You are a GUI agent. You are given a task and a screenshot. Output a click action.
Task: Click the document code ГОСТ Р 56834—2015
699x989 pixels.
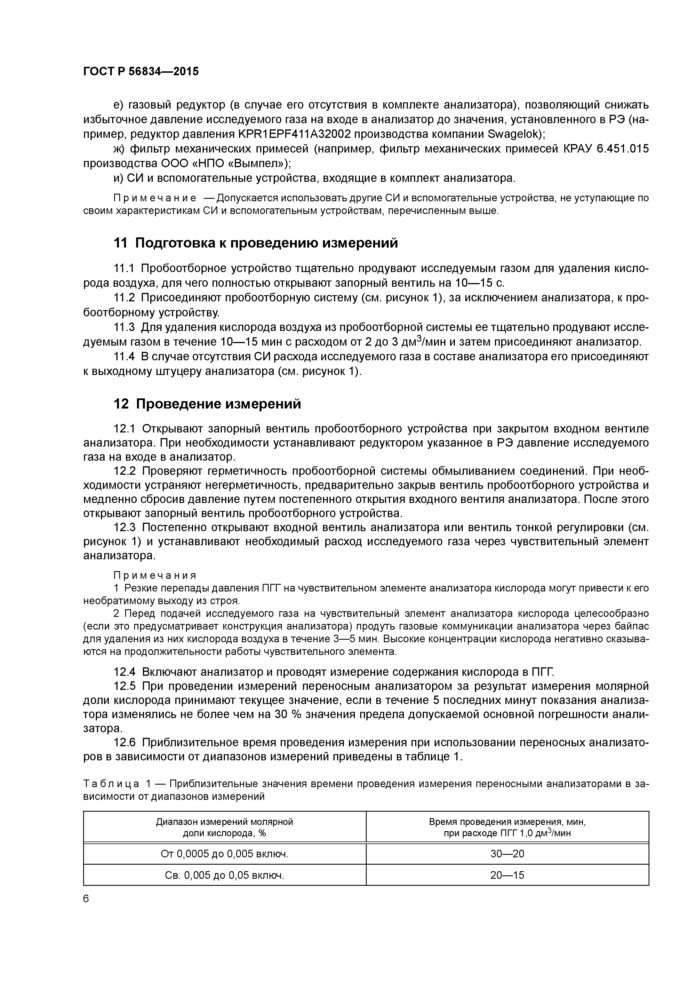tap(141, 72)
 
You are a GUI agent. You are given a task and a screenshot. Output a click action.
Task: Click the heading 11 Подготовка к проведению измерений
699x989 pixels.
tap(255, 243)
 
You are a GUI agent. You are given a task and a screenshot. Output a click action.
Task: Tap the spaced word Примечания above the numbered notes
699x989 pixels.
tap(155, 575)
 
